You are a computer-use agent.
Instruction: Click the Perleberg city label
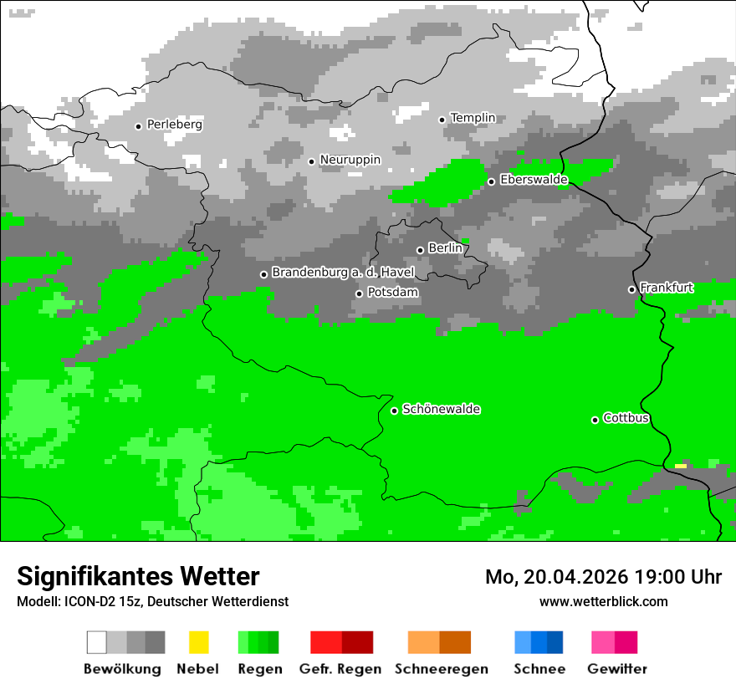pos(174,125)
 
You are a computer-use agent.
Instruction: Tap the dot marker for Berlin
pos(420,250)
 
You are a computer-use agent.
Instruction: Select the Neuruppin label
pos(350,160)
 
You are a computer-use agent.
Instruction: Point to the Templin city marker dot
pos(442,120)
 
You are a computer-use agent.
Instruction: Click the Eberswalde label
pos(534,180)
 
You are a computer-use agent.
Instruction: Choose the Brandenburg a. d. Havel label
pos(343,273)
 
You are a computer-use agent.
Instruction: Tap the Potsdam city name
pos(392,293)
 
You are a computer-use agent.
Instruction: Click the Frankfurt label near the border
pos(666,288)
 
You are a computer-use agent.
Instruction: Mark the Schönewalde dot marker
pos(394,411)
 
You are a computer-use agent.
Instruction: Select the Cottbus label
pos(626,418)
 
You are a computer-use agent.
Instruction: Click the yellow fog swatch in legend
pos(198,642)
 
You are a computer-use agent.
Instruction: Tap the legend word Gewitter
pos(616,669)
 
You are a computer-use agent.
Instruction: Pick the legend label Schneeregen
pos(441,669)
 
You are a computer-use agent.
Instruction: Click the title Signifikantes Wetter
pos(138,576)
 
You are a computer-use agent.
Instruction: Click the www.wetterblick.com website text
pos(603,601)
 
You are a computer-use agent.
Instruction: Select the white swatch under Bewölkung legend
pos(96,642)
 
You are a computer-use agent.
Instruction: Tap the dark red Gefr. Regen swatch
pos(357,642)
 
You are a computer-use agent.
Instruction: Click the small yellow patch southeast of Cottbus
pos(681,466)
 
